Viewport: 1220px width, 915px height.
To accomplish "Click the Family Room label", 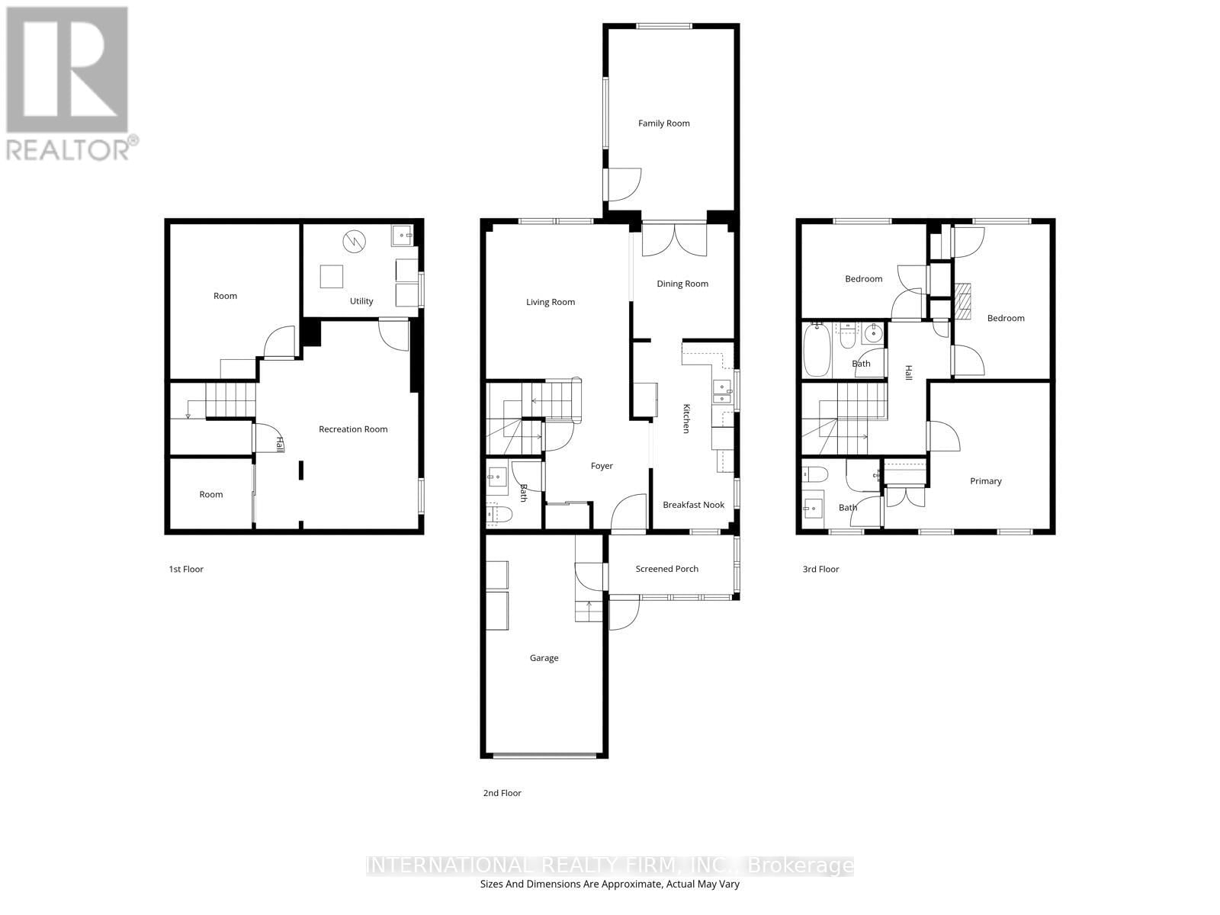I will (x=663, y=123).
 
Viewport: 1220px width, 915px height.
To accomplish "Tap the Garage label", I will (x=544, y=657).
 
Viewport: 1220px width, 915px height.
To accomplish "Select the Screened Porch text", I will (x=666, y=568).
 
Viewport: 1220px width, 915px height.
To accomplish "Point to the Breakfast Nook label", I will (x=693, y=504).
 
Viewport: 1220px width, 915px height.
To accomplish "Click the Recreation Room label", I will (x=352, y=429).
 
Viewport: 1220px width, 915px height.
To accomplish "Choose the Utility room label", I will (x=361, y=300).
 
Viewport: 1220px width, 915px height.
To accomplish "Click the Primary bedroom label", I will (x=985, y=480).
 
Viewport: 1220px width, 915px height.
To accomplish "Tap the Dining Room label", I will (x=682, y=283).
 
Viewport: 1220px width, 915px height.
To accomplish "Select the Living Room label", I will (x=550, y=301).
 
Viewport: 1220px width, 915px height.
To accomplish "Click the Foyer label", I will (x=602, y=465).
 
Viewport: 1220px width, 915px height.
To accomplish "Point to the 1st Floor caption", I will (x=186, y=569).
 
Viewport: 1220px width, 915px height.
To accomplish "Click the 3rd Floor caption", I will (x=820, y=569).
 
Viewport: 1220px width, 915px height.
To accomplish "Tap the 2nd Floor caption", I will (x=502, y=793).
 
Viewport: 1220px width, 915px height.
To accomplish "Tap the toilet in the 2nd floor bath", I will (x=500, y=515).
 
